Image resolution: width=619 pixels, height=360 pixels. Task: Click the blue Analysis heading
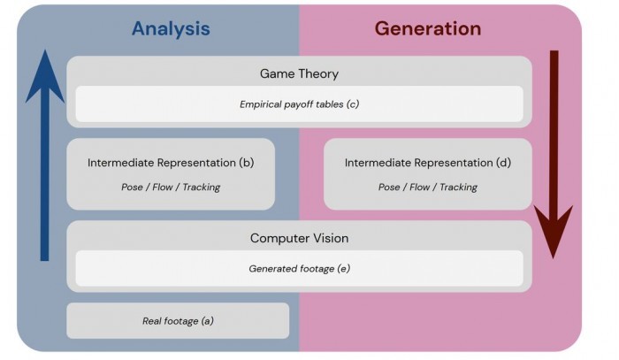point(171,29)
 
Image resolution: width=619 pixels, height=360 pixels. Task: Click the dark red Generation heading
point(427,29)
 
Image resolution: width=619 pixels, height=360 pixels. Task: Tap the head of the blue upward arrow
point(45,77)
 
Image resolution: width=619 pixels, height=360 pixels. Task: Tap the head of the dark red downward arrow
point(554,232)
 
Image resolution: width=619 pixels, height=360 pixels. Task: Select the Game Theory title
point(299,73)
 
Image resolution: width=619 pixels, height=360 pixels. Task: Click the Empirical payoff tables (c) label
point(299,104)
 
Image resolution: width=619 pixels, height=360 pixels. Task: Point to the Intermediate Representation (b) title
point(171,163)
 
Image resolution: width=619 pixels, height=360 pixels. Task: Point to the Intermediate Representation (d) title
point(427,163)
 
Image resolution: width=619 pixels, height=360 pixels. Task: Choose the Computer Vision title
point(299,238)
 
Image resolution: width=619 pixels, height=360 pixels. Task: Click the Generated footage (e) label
point(299,268)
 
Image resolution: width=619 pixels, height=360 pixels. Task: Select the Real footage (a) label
point(178,321)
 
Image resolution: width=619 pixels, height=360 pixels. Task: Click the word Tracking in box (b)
point(202,188)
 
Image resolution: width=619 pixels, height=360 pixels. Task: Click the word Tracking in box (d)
point(458,188)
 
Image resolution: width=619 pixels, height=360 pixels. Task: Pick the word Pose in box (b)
point(132,188)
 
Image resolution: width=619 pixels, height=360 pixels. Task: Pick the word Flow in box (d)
point(419,188)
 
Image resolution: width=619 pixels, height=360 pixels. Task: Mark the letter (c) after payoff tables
point(353,104)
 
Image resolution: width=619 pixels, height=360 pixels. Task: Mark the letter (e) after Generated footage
point(343,268)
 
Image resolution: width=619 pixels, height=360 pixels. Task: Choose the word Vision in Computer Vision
point(331,238)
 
